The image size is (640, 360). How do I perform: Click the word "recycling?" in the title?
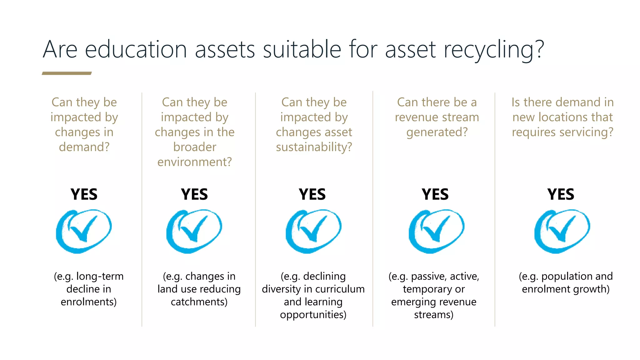493,50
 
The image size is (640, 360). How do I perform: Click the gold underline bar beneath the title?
67,73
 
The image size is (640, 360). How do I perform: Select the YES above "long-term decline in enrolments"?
84,194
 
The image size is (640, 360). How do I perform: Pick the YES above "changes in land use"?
194,194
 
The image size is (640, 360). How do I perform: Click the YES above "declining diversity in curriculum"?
312,194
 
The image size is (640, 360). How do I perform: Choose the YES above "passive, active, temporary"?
435,194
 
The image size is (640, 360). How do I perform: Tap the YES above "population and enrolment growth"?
561,194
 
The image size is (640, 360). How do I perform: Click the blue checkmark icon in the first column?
84,231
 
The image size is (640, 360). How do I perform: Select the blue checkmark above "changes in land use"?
194,231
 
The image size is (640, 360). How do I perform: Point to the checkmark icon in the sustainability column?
313,231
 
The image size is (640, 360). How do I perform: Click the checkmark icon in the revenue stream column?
437,231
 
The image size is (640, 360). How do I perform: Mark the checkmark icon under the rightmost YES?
562,231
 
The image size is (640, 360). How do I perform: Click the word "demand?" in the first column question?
84,147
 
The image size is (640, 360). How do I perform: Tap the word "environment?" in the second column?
195,162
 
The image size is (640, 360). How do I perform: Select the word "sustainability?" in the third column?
314,147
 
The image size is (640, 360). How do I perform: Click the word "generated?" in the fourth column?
437,132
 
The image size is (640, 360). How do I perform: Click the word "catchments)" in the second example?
199,302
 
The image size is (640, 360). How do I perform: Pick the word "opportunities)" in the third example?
313,315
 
